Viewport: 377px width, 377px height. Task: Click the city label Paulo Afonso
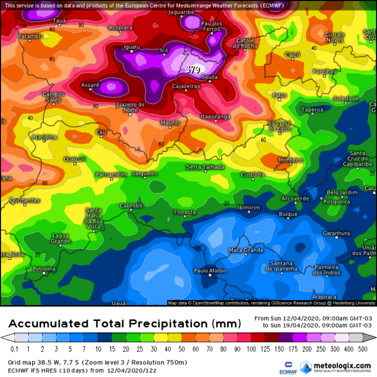tap(208, 271)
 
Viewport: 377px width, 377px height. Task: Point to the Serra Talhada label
tap(205, 167)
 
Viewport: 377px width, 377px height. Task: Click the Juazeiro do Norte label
tap(130, 107)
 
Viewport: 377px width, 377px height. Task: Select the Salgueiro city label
tap(144, 173)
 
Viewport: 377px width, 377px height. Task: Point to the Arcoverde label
tap(295, 199)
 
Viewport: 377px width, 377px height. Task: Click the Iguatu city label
tap(132, 47)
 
